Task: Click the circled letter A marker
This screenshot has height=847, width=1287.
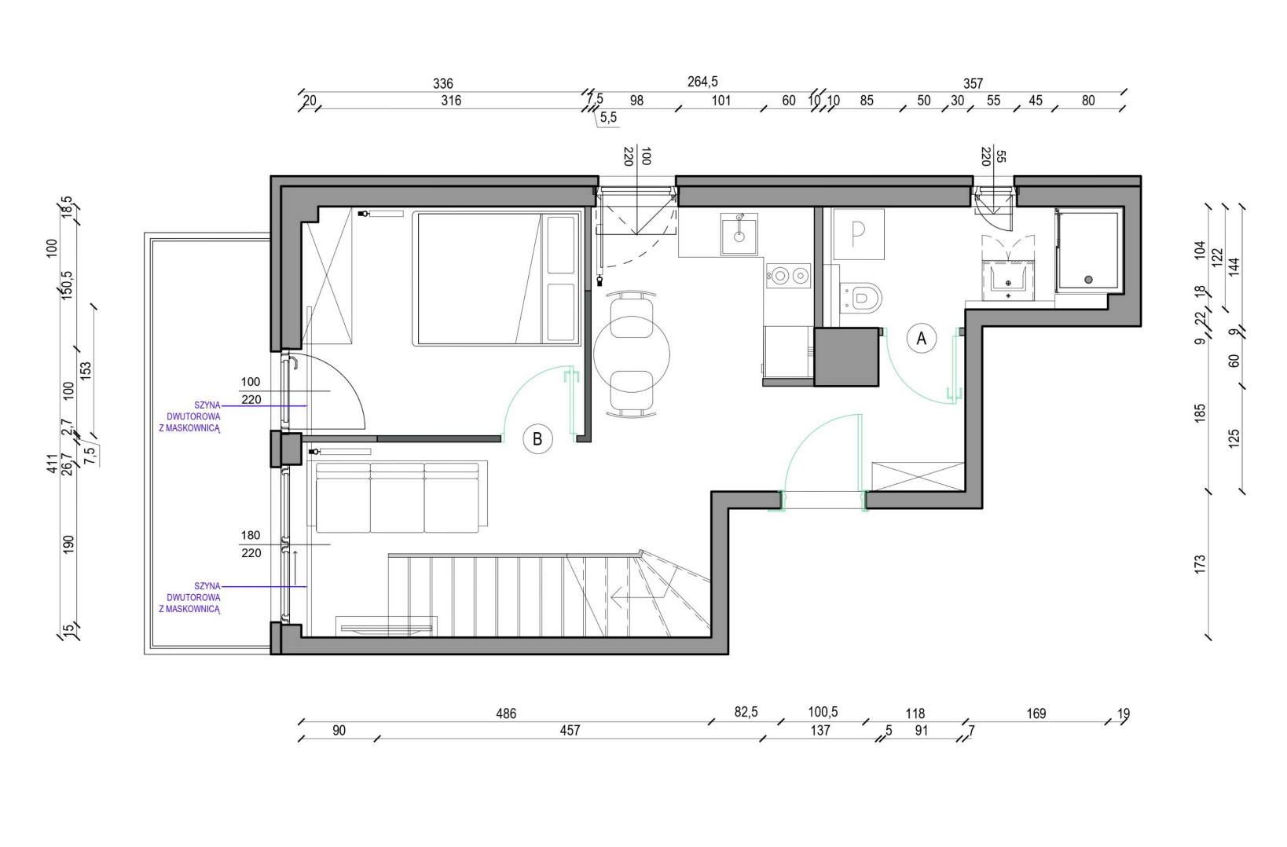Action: tap(921, 339)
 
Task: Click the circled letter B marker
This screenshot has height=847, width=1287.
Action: tap(537, 439)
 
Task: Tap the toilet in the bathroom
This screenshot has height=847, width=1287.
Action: tap(860, 298)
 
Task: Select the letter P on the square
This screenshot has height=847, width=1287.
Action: tap(858, 234)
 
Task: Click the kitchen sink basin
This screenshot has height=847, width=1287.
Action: tap(739, 234)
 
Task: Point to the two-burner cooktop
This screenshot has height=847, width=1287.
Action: tap(788, 276)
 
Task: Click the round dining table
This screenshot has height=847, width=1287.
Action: tap(632, 354)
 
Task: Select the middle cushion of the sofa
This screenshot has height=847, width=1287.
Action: tap(397, 497)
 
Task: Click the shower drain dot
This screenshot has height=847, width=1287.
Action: tap(1088, 280)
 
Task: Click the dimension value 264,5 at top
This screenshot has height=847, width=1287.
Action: tap(702, 82)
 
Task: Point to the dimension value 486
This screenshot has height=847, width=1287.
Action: tap(506, 713)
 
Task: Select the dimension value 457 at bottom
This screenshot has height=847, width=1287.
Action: tap(570, 731)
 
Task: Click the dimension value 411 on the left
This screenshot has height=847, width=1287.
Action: tap(53, 464)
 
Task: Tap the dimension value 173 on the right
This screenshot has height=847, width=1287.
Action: tap(1200, 564)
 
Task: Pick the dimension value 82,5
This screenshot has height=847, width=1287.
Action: tap(746, 713)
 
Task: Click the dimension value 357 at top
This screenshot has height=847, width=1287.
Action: tap(973, 84)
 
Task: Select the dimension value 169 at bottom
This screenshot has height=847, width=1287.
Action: tap(1036, 713)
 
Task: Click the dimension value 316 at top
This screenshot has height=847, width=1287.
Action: tap(451, 101)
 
